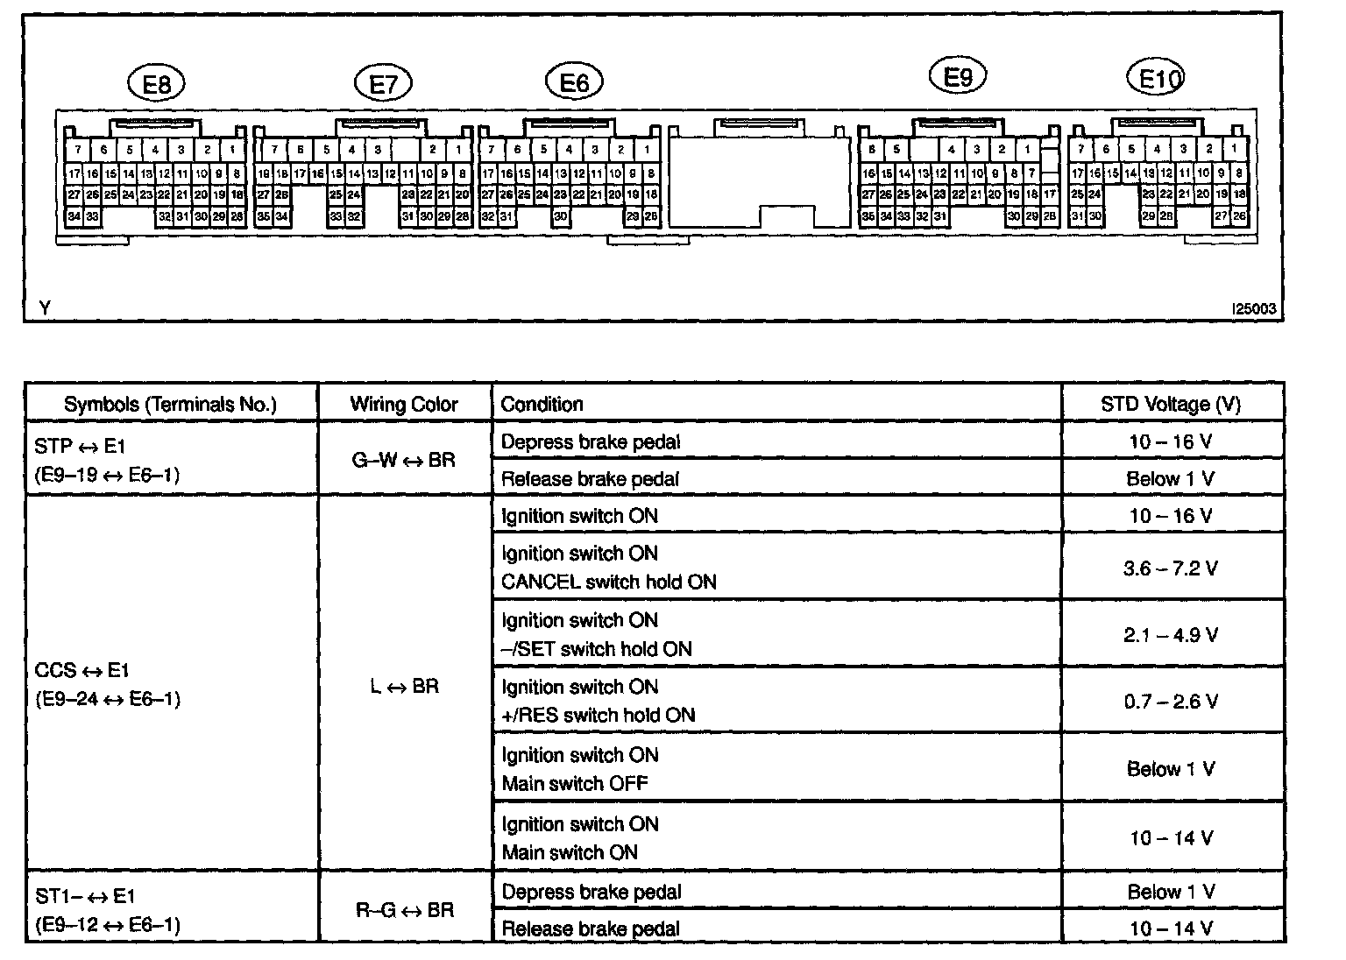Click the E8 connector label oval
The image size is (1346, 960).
coord(157,84)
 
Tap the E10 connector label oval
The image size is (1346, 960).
coord(1155,79)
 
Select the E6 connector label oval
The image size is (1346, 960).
coord(574,82)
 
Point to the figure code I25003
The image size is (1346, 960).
coord(1253,309)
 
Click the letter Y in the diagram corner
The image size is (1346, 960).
coord(45,308)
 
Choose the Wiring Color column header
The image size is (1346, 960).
coord(404,404)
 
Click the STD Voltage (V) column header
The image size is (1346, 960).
coord(1171,404)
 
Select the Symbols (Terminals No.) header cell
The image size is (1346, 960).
coord(170,404)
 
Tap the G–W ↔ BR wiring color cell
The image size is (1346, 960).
coord(404,459)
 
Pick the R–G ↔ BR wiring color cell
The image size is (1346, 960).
coord(404,910)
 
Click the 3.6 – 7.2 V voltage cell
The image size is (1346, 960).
coord(1171,568)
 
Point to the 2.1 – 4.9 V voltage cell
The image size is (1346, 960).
coord(1171,634)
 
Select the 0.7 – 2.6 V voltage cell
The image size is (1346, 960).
coord(1171,701)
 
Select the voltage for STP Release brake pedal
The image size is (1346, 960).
coord(1171,478)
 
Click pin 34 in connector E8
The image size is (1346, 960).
coord(74,216)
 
